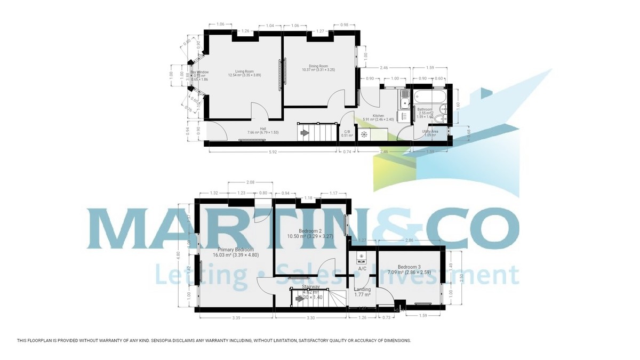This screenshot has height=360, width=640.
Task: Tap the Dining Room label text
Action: pos(318,66)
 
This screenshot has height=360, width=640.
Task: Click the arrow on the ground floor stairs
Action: pos(305,132)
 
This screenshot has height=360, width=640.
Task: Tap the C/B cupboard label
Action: pos(347,132)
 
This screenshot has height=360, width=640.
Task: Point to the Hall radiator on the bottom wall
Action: pos(251,141)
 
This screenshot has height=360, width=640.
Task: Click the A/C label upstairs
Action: pos(362,269)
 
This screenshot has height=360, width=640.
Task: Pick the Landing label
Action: pos(362,290)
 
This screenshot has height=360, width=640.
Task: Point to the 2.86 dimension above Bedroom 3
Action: pos(409,241)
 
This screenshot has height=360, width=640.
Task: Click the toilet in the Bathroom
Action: pos(439,118)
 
